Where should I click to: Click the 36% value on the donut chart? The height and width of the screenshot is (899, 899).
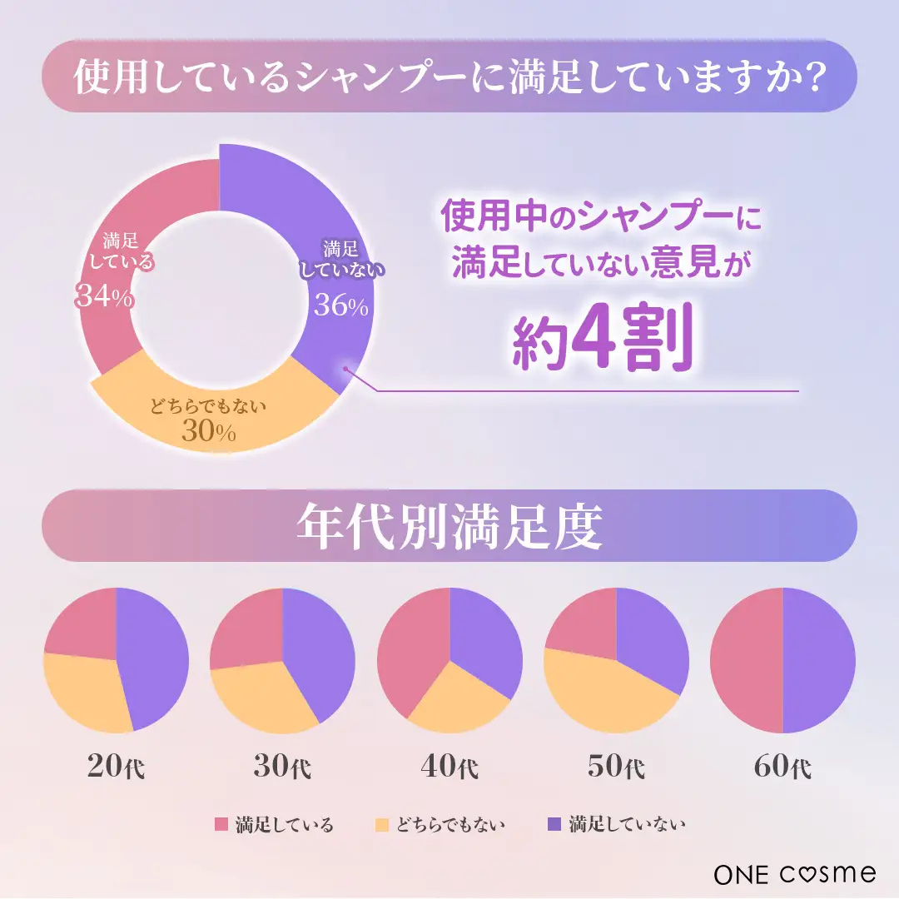pyautogui.click(x=341, y=306)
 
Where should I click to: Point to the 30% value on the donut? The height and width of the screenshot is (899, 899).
pyautogui.click(x=209, y=433)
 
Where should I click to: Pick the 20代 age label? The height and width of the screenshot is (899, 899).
pyautogui.click(x=116, y=767)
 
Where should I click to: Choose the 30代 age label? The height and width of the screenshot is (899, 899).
pyautogui.click(x=283, y=767)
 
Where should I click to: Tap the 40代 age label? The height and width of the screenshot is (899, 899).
pyautogui.click(x=450, y=767)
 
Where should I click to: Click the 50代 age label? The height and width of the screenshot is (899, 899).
pyautogui.click(x=616, y=767)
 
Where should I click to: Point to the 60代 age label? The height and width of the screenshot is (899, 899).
pyautogui.click(x=782, y=767)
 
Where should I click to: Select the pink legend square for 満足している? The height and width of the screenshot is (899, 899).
pyautogui.click(x=221, y=825)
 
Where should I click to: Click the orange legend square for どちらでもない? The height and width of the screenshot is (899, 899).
pyautogui.click(x=382, y=825)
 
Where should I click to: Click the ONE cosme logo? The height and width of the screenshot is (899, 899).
pyautogui.click(x=795, y=873)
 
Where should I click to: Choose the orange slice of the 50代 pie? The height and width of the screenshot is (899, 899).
pyautogui.click(x=603, y=691)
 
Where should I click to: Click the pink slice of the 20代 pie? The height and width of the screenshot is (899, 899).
pyautogui.click(x=83, y=624)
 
